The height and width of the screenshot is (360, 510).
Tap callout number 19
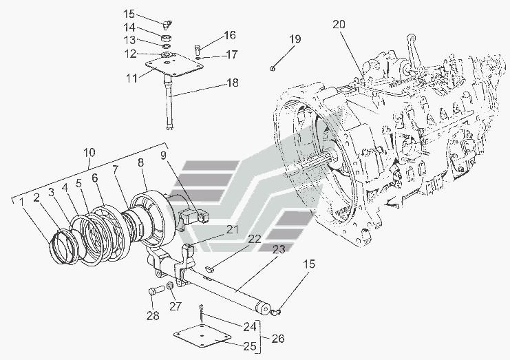(295, 40)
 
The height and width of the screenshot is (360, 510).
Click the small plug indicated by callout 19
(274, 67)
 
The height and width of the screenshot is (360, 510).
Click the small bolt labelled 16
(198, 49)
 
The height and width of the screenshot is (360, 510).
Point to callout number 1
(23, 201)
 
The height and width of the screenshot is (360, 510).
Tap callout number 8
(140, 163)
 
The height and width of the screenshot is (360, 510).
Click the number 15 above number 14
(130, 14)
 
